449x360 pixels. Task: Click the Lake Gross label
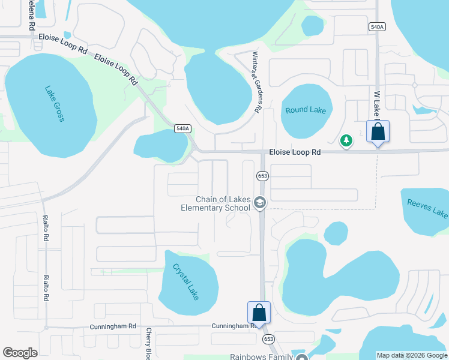53,104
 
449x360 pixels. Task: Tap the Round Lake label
306,110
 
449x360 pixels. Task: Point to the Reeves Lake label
427,208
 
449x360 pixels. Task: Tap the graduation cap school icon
259,203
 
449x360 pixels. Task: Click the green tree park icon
346,140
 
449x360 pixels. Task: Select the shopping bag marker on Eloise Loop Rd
378,131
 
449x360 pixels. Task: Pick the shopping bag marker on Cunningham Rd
259,312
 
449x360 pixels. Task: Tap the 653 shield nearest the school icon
262,176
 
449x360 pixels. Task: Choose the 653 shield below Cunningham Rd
268,339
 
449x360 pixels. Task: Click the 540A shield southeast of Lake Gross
183,128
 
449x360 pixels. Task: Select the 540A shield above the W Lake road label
376,27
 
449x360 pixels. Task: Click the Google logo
20,353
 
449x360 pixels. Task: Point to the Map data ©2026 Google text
412,355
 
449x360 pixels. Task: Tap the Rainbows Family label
261,356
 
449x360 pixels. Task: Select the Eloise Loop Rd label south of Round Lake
294,152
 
